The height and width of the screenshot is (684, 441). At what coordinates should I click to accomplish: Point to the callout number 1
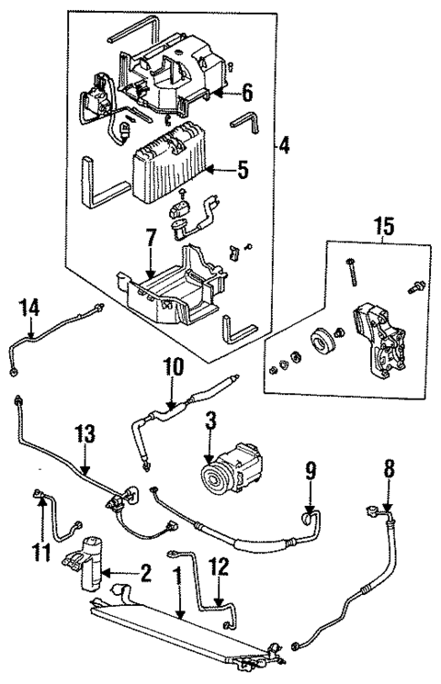[x=177, y=574]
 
